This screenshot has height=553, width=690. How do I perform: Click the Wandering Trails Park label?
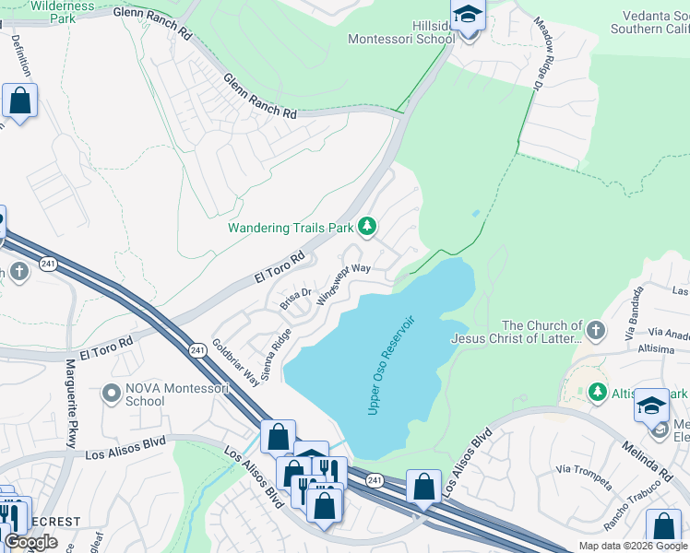click(x=291, y=227)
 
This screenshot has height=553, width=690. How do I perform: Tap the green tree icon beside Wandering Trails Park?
click(x=367, y=226)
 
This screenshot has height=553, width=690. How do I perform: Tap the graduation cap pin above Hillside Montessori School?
click(x=468, y=16)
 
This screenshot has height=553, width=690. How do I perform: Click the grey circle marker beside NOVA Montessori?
click(x=112, y=394)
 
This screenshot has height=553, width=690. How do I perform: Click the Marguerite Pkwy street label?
click(x=70, y=405)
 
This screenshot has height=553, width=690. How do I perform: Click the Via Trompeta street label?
click(x=584, y=477)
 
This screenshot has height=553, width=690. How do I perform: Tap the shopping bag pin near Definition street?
click(x=19, y=100)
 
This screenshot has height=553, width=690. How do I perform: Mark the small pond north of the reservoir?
click(x=475, y=214)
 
